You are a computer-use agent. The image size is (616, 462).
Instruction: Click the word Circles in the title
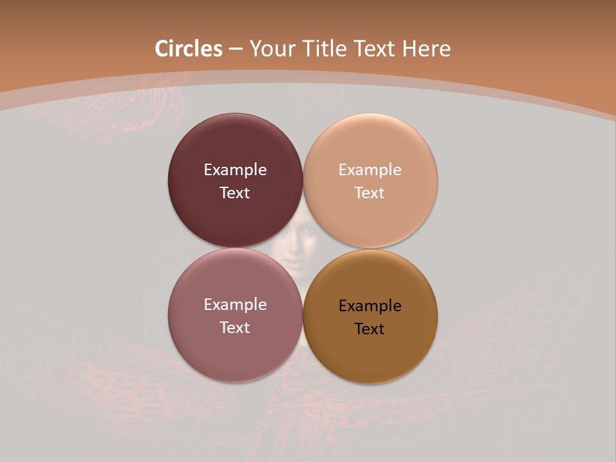189,49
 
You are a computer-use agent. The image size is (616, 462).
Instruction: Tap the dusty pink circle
235,350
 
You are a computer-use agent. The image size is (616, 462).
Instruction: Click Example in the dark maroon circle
235,170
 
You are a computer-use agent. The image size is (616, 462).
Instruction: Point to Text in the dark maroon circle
235,193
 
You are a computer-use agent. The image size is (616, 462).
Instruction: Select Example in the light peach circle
370,170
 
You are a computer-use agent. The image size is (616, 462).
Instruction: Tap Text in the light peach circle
370,193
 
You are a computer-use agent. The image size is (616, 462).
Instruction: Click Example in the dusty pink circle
235,305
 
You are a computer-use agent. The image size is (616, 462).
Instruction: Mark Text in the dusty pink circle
235,328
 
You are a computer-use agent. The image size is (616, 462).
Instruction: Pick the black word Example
370,306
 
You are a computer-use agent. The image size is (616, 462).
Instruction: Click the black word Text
370,329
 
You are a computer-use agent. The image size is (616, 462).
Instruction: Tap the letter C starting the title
162,49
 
